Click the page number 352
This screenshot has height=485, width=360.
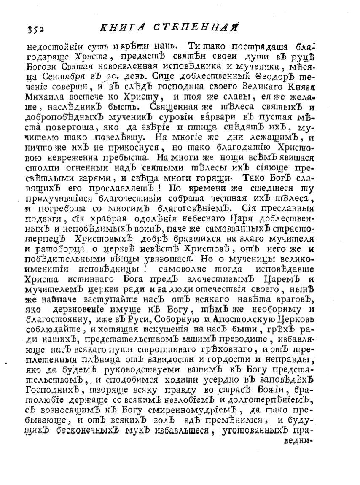coord(36,29)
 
